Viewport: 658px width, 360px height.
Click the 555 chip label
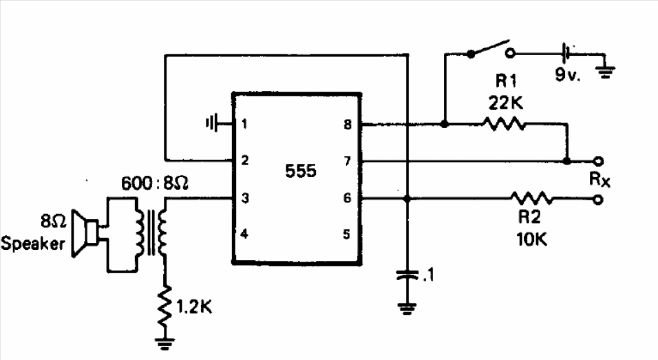click(x=301, y=171)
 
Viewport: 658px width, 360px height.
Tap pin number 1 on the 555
click(x=244, y=124)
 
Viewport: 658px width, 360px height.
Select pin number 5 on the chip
click(x=346, y=234)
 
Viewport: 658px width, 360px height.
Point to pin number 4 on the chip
click(x=244, y=234)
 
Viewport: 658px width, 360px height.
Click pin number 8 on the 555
click(x=348, y=124)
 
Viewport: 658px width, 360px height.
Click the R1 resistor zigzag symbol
click(x=504, y=124)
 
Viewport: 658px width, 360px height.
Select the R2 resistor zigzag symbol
click(x=531, y=198)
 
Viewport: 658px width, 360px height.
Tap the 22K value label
click(x=506, y=103)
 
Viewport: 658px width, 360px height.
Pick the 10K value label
click(x=531, y=240)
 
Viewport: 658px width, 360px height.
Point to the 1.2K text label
click(x=194, y=308)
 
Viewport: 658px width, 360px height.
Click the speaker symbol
click(x=85, y=233)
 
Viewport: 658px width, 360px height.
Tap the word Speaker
click(x=33, y=244)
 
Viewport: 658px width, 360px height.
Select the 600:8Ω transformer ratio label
click(x=155, y=183)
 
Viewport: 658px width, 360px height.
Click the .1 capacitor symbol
click(x=407, y=275)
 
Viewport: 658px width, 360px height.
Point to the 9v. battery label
click(x=568, y=75)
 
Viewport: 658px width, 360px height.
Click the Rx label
click(x=599, y=179)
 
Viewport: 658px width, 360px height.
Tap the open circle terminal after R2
click(x=598, y=200)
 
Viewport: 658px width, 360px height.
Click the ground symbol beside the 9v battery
click(x=605, y=72)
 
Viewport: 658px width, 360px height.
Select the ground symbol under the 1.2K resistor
click(x=164, y=344)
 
